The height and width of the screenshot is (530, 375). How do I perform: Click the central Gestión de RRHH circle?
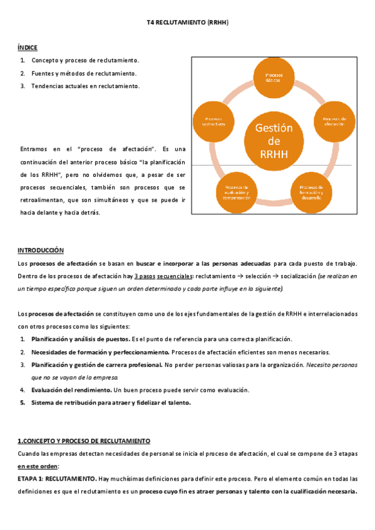[274, 141]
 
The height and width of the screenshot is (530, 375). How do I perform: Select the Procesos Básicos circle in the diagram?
[274, 77]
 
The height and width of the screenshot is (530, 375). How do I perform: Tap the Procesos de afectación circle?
[334, 121]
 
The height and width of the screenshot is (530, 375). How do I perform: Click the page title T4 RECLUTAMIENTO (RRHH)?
[187, 22]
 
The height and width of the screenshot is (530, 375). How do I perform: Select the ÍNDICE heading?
[28, 47]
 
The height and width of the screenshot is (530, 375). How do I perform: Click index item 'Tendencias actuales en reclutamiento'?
[86, 86]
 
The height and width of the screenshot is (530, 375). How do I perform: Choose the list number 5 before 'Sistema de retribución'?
[22, 403]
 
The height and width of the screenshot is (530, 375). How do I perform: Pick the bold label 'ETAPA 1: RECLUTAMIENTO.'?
[57, 479]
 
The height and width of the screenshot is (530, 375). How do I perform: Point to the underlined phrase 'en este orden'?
[38, 466]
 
